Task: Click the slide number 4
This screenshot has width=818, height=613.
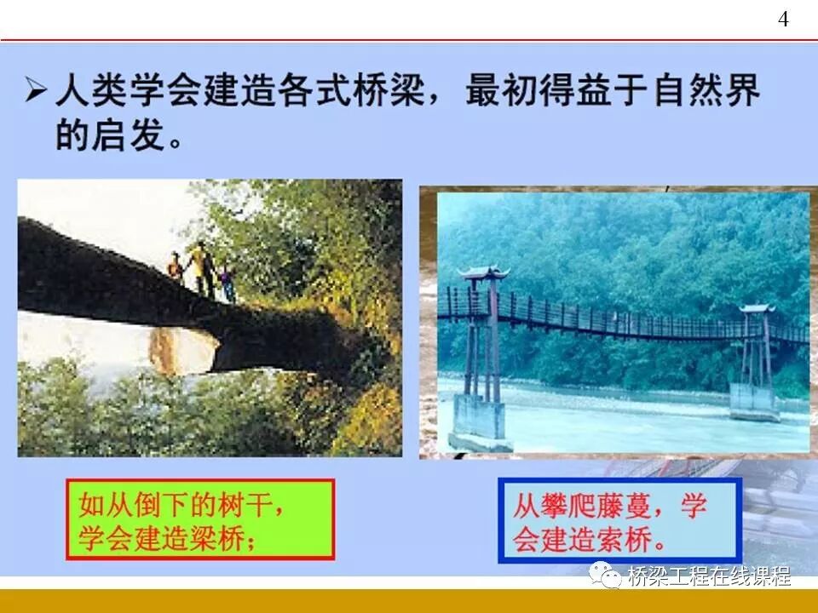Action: point(783,20)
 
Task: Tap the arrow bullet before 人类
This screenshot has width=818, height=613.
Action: point(35,89)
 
